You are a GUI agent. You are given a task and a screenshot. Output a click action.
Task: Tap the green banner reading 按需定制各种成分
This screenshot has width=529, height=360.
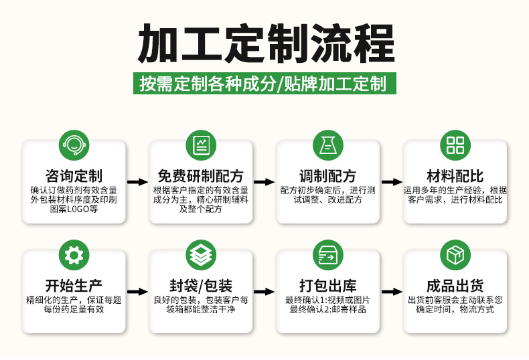tap(264, 84)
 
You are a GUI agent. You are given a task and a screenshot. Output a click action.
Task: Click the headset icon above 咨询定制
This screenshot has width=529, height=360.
tap(74, 145)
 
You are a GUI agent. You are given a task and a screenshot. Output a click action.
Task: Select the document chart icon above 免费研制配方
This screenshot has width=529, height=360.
tap(200, 145)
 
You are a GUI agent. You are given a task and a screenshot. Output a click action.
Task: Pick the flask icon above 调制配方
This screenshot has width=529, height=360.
tap(327, 145)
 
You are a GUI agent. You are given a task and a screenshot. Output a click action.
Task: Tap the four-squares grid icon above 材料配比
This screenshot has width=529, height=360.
tap(455, 145)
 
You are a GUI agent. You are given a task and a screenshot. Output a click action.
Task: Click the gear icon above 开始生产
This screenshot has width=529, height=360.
tap(74, 255)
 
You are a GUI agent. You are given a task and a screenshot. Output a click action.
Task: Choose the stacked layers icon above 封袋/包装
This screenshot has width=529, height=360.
tap(200, 255)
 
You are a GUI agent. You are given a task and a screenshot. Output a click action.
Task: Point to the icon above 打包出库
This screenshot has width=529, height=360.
tap(327, 255)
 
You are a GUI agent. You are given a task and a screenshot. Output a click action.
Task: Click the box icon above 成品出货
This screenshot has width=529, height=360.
tap(455, 255)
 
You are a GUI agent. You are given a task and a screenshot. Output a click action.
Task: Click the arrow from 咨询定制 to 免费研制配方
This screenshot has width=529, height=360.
tap(137, 182)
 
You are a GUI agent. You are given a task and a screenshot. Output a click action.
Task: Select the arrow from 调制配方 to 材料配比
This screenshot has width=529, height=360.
tap(391, 182)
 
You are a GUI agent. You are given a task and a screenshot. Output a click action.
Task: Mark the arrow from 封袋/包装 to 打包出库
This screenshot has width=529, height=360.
tap(264, 292)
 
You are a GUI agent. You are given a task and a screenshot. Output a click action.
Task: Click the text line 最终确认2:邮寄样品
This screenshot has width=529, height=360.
tap(327, 310)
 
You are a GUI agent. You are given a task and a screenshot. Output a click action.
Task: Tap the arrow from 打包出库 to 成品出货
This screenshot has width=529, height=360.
tap(391, 292)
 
